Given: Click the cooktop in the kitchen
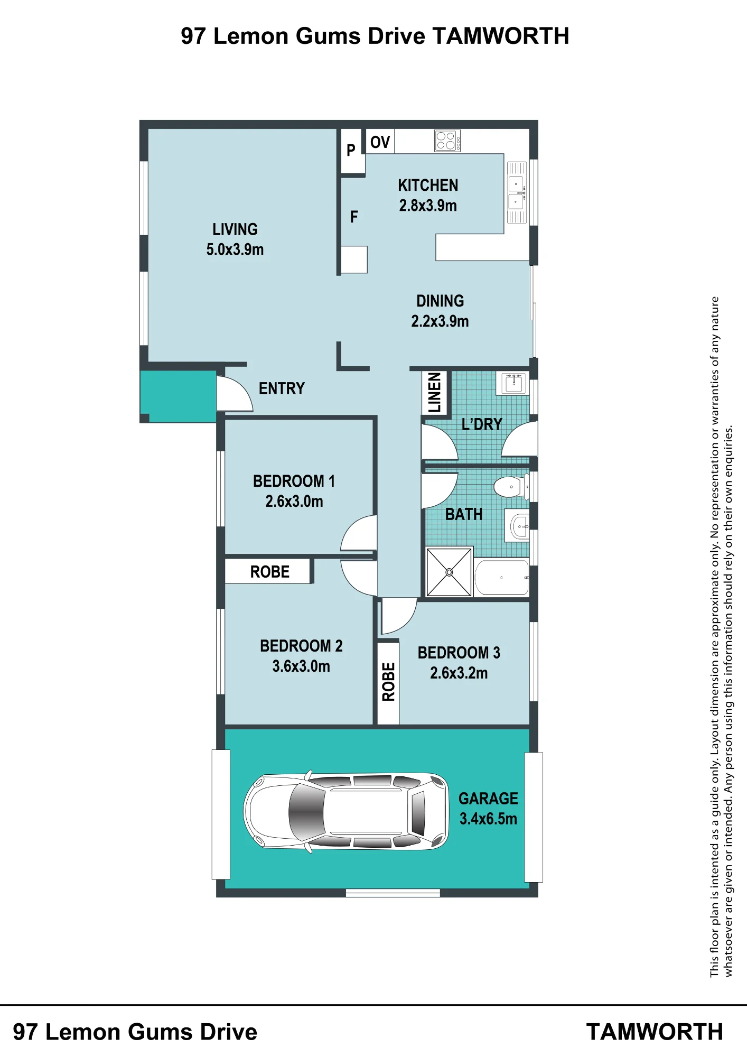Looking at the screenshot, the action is [x=447, y=141].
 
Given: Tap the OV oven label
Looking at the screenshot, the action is [x=380, y=142].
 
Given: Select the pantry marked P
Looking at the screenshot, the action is [x=351, y=151].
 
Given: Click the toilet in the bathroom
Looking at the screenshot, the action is [x=511, y=486].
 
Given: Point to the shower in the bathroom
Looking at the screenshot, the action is [x=449, y=572].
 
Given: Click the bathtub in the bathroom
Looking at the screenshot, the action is [x=502, y=578].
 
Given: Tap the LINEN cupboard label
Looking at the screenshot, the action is [x=434, y=392].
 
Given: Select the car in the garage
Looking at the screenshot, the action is [x=346, y=812].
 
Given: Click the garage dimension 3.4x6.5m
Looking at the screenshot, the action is [x=488, y=819].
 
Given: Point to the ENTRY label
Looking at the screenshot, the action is [x=282, y=388].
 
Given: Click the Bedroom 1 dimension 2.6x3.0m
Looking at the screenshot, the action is [x=294, y=501].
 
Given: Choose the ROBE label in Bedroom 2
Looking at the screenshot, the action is [x=269, y=572].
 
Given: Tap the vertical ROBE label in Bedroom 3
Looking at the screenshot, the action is [x=389, y=682].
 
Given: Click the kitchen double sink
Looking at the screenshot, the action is [x=517, y=193].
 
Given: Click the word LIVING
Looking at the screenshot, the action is [x=235, y=229].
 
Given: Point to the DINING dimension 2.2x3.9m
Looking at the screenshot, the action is [x=440, y=321].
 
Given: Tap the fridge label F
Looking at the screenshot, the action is [x=354, y=217].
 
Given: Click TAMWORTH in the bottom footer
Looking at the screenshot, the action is [x=655, y=1032].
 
